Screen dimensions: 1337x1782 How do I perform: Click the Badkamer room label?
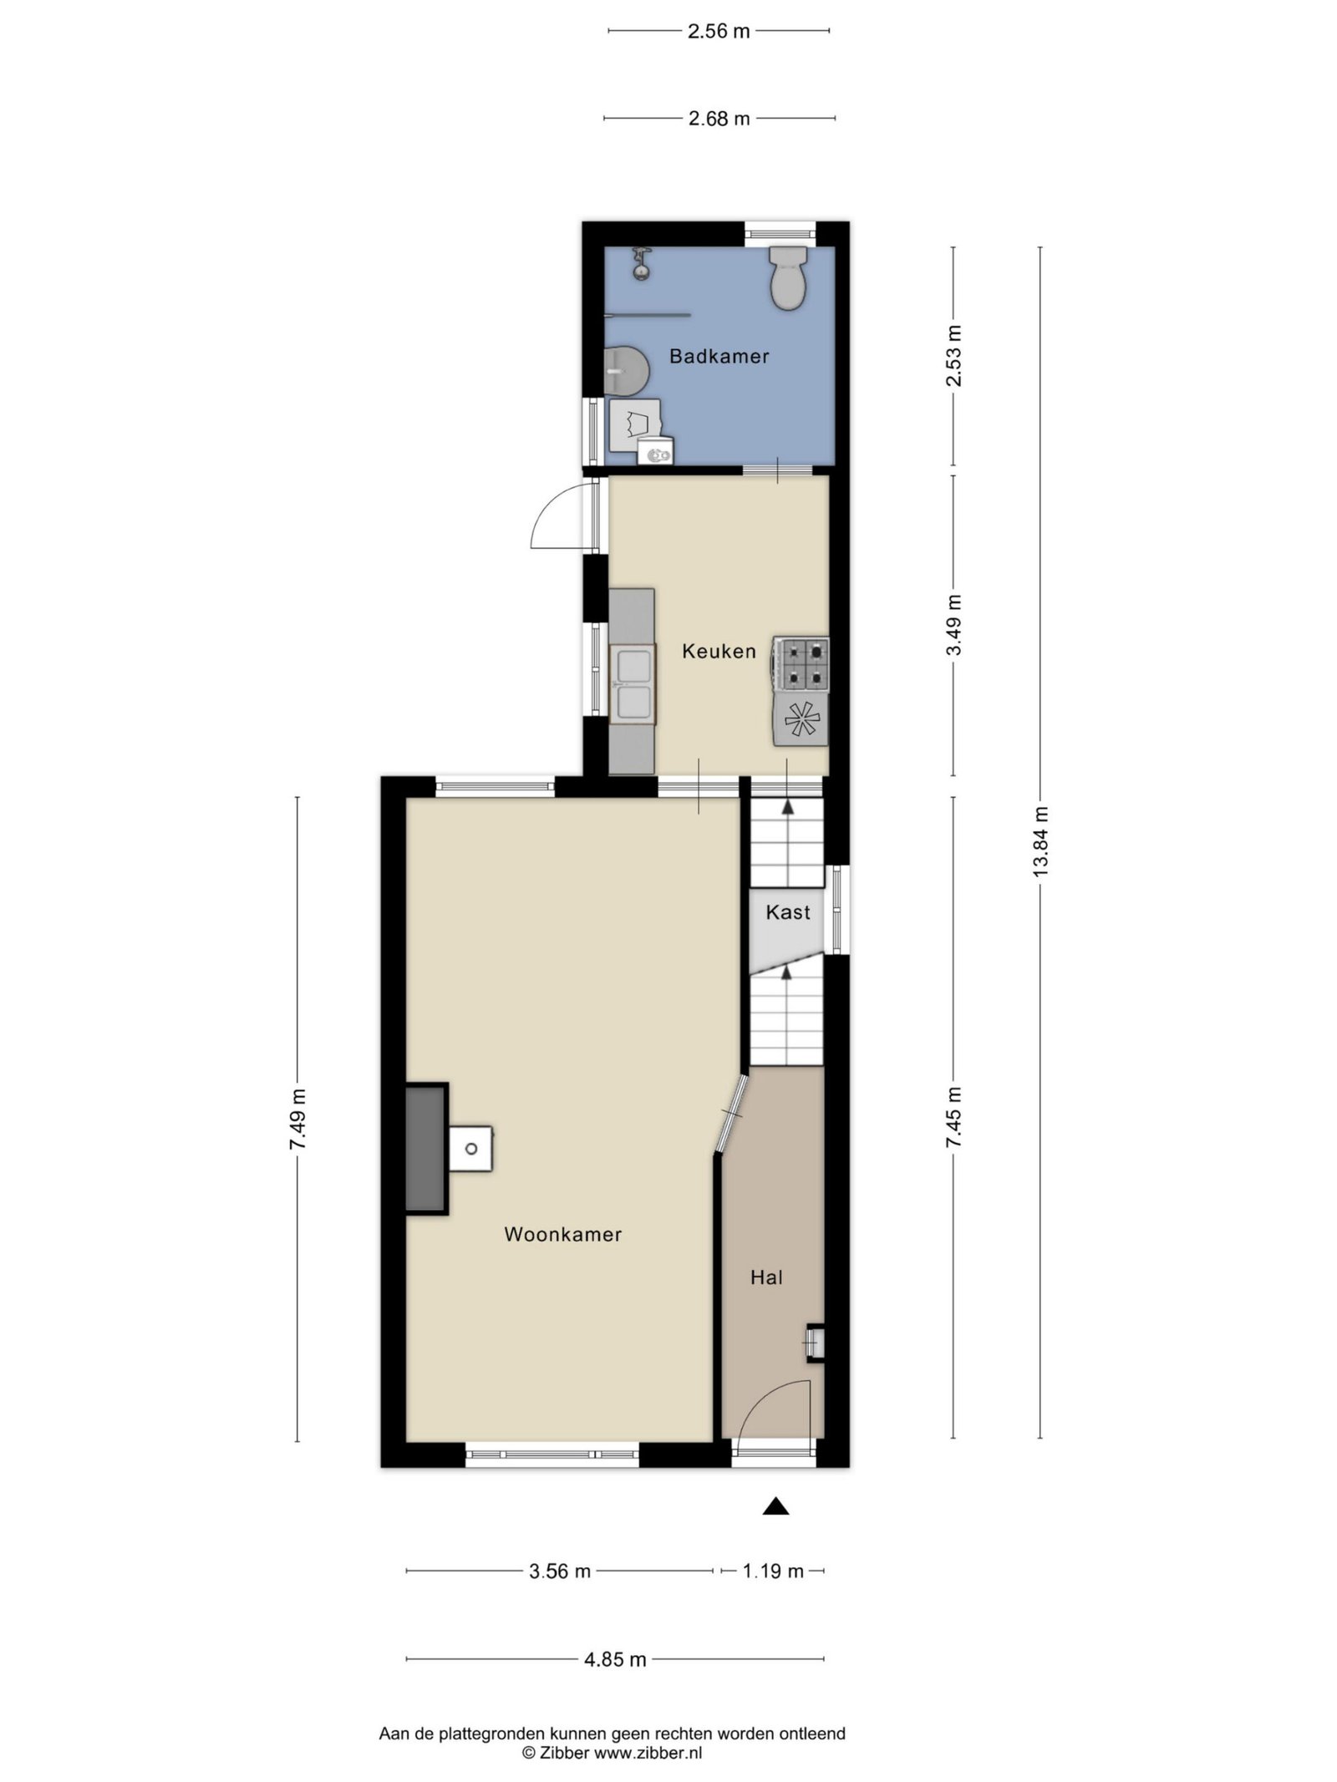pos(719,357)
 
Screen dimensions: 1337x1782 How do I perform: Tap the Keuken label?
pos(719,651)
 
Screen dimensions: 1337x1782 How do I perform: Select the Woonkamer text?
pos(562,1235)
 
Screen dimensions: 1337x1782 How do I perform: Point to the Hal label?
pos(766,1277)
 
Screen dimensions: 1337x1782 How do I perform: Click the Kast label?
pos(788,912)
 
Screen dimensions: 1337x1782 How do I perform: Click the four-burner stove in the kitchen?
pos(801,664)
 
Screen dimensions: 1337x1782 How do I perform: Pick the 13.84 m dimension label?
pos(1040,840)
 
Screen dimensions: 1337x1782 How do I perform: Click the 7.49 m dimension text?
pos(297,1119)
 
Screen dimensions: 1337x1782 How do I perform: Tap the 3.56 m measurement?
pos(560,1571)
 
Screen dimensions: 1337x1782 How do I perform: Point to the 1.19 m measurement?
pos(773,1571)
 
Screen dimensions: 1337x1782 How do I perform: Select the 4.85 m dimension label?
pos(615,1659)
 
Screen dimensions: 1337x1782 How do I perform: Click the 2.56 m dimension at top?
pos(719,32)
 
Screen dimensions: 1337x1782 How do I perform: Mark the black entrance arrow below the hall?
pos(776,1505)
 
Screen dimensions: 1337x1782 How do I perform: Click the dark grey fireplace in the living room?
pos(426,1148)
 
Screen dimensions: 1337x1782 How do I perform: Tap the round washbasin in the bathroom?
pos(627,371)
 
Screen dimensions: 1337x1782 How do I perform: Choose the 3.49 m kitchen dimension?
pos(953,625)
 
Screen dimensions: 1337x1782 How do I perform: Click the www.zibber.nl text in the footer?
pos(648,1753)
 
